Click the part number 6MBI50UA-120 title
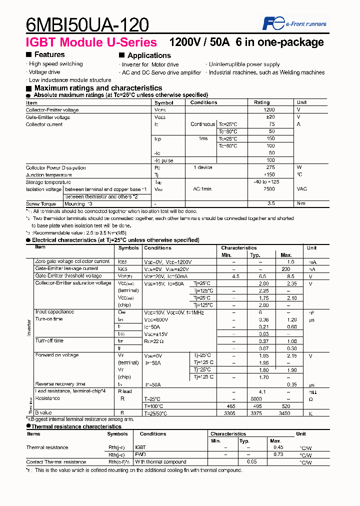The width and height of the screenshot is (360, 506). pyautogui.click(x=87, y=23)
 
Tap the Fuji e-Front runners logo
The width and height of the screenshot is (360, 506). pyautogui.click(x=294, y=23)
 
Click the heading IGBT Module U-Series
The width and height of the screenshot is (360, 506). pyautogui.click(x=91, y=42)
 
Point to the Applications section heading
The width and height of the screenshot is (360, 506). pyautogui.click(x=148, y=55)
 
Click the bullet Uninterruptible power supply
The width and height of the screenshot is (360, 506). pyautogui.click(x=244, y=64)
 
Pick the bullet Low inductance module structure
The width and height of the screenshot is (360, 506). pyautogui.click(x=69, y=80)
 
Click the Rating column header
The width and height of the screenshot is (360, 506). pyautogui.click(x=262, y=102)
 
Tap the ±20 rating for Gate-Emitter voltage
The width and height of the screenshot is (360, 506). pyautogui.click(x=270, y=117)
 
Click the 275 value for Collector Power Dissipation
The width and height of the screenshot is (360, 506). pyautogui.click(x=270, y=168)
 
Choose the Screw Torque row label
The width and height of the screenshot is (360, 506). pyautogui.click(x=41, y=204)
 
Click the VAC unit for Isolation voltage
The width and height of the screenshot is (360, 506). pyautogui.click(x=302, y=189)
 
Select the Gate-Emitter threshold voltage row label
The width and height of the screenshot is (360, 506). pyautogui.click(x=68, y=276)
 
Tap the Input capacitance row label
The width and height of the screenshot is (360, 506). pyautogui.click(x=54, y=312)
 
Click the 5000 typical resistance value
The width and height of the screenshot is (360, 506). pyautogui.click(x=256, y=398)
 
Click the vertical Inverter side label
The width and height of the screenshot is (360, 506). pyautogui.click(x=28, y=327)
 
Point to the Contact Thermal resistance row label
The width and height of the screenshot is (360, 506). pyautogui.click(x=56, y=462)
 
